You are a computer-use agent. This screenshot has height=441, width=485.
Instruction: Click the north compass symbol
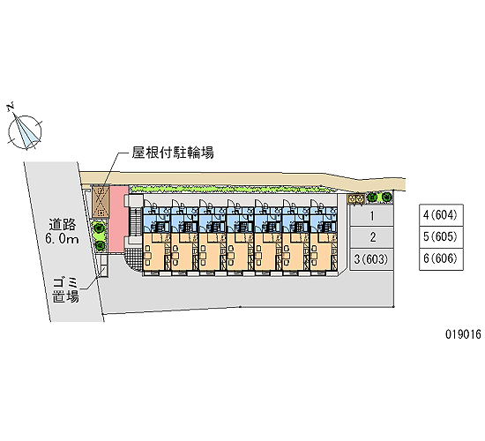(x=24, y=131)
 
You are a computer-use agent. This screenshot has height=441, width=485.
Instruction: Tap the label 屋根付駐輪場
(x=173, y=153)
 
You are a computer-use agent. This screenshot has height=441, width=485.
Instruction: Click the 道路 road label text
(x=63, y=225)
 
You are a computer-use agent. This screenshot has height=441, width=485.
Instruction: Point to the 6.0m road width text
(x=63, y=239)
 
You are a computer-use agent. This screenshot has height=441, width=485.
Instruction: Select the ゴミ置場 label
(x=65, y=290)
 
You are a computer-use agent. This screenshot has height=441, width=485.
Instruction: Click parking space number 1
(x=372, y=216)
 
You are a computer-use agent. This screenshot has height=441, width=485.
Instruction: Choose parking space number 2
(x=372, y=237)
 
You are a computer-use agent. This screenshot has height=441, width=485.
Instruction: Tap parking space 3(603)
(x=372, y=259)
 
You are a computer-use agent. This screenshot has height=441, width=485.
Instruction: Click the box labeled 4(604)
(x=441, y=215)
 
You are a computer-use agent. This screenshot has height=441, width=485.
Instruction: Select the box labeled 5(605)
(x=441, y=237)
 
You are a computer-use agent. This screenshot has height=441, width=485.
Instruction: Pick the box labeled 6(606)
(x=441, y=259)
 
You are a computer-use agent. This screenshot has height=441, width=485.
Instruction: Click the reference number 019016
(x=463, y=334)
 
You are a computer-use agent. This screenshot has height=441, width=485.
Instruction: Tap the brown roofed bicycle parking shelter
(x=101, y=202)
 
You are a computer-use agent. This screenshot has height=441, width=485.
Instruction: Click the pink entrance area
(x=118, y=220)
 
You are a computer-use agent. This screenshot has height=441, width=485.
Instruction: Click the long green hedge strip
(x=228, y=189)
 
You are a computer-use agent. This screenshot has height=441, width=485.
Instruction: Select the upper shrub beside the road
(x=99, y=228)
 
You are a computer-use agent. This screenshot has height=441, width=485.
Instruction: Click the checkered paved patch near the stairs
(x=135, y=258)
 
